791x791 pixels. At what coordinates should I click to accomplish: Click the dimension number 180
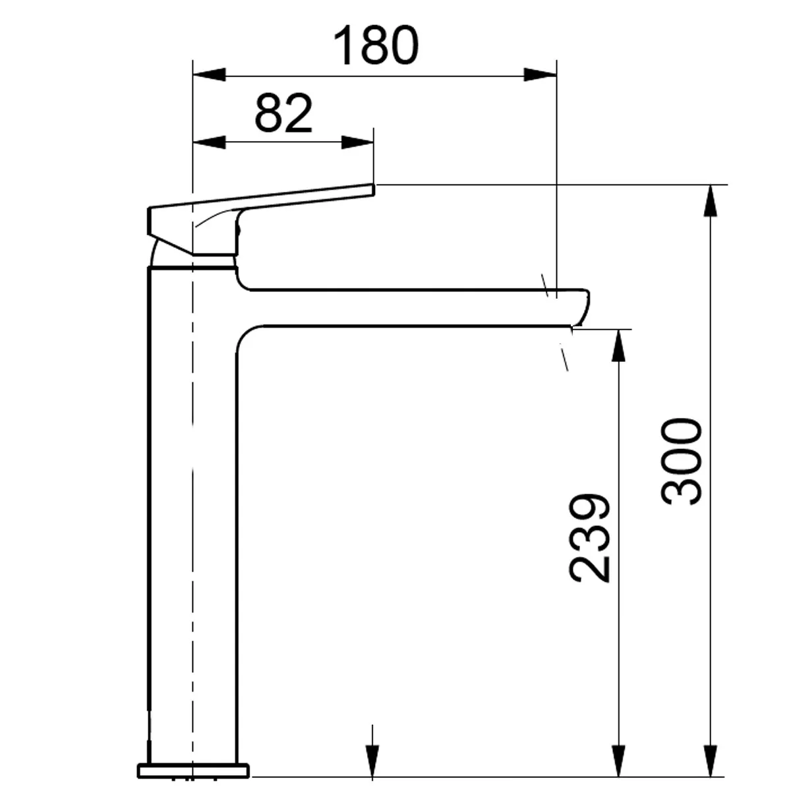pos(376,45)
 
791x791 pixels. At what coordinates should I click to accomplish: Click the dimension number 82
pos(283,113)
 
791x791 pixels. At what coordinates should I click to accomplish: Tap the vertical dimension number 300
pos(682,461)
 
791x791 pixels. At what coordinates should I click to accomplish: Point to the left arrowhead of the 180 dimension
pos(208,74)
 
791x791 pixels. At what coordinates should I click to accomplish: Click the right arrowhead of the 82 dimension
pos(357,143)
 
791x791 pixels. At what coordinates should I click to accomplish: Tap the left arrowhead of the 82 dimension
pos(208,143)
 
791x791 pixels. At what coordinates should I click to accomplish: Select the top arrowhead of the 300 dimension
pos(711,200)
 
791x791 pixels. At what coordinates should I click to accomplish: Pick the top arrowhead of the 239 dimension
pos(618,345)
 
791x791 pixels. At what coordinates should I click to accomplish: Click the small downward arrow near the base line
pos(373,765)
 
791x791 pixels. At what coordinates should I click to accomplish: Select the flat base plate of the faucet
pos(193,769)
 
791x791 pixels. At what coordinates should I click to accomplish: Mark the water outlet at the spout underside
pos(572,326)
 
